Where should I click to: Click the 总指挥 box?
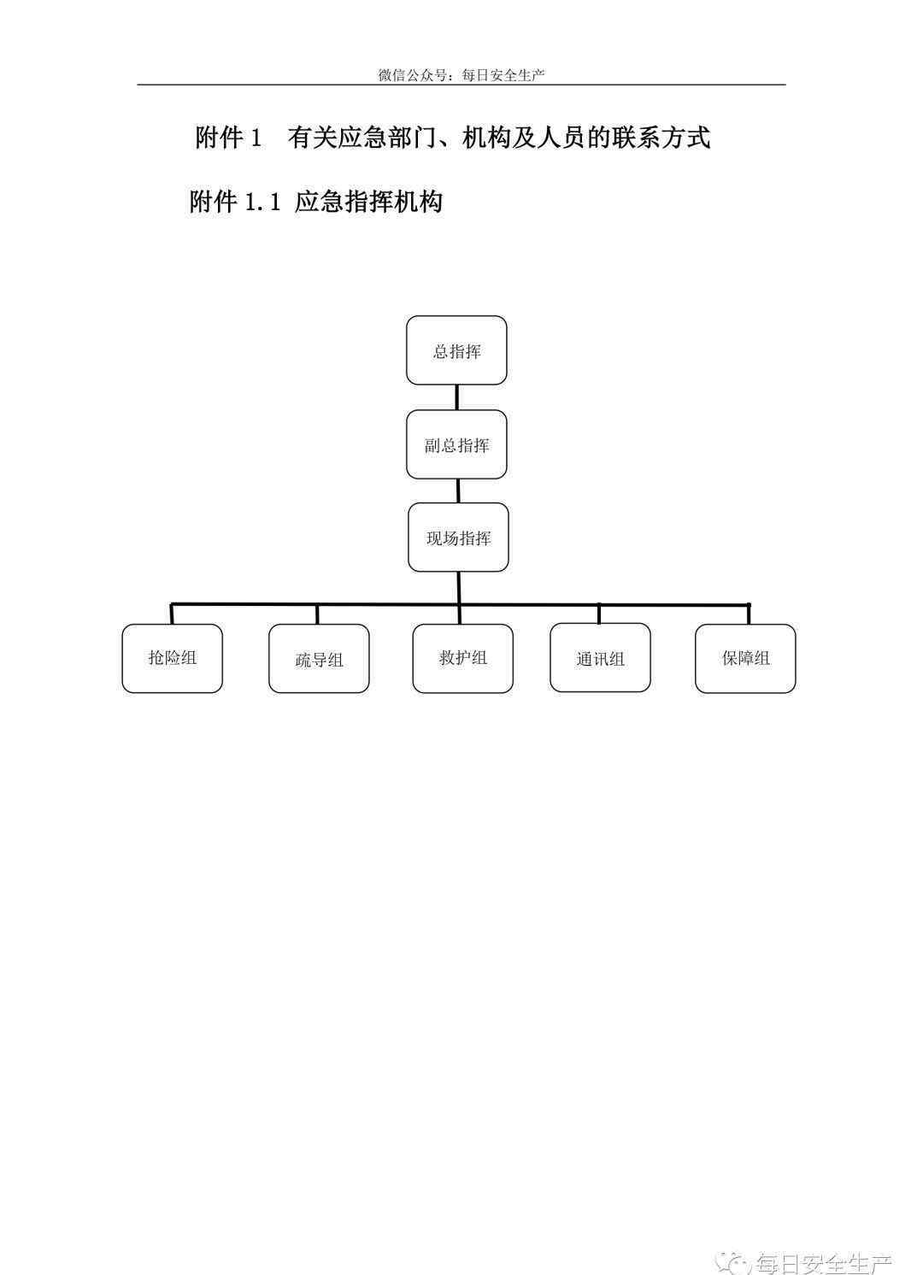pos(456,350)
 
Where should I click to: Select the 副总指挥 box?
pos(456,444)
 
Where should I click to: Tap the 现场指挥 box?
pos(458,538)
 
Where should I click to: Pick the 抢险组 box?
pos(172,659)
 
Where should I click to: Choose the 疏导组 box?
pos(319,659)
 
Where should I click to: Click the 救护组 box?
pos(463,659)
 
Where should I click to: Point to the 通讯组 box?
pos(600,657)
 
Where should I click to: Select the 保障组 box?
pos(745,659)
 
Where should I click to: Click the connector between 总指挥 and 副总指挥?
pos(456,397)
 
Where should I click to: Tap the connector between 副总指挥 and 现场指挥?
pos(458,491)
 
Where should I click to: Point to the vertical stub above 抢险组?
pos(172,614)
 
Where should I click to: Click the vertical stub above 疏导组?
pos(317,614)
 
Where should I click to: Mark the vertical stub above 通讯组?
pos(599,614)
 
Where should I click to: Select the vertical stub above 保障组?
pos(749,614)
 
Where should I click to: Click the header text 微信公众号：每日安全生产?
pos(461,75)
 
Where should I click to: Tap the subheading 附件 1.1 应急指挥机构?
pos(315,202)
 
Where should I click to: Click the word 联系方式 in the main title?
pos(661,138)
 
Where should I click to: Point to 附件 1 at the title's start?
pos(228,138)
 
